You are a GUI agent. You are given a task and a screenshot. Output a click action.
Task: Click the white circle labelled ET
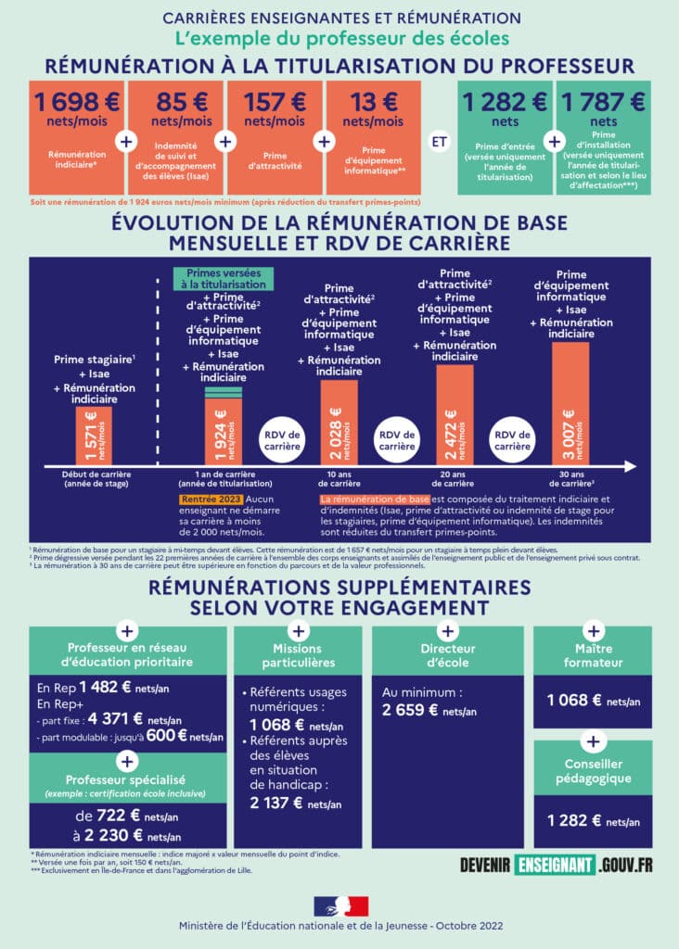pyautogui.click(x=439, y=142)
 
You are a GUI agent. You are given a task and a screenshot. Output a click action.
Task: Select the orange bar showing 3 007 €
pyautogui.click(x=570, y=403)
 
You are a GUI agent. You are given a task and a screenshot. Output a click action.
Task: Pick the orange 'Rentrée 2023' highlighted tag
pyautogui.click(x=204, y=500)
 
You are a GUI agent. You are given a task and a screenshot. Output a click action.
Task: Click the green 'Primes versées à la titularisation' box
pyautogui.click(x=223, y=279)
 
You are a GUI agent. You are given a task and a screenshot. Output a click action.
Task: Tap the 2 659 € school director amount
pyautogui.click(x=411, y=710)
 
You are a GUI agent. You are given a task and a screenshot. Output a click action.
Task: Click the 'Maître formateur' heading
pyautogui.click(x=594, y=655)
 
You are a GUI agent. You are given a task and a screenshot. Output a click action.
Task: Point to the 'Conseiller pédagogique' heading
pyautogui.click(x=594, y=771)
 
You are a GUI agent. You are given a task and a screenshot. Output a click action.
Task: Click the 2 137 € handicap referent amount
pyautogui.click(x=278, y=803)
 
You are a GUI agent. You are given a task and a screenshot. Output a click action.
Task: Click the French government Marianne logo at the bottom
pyautogui.click(x=339, y=906)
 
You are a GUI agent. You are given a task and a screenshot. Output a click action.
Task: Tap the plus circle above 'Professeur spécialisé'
pyautogui.click(x=124, y=760)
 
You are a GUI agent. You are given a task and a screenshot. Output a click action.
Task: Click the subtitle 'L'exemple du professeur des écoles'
pyautogui.click(x=339, y=38)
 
